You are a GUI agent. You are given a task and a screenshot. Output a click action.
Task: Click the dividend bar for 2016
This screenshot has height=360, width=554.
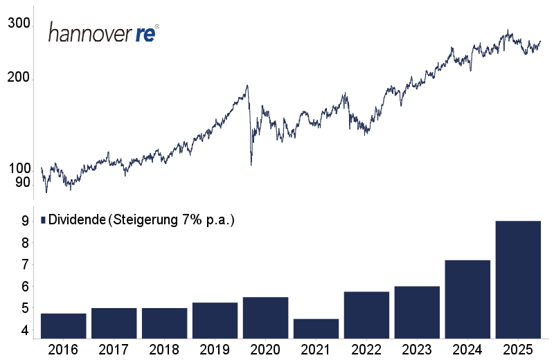click(x=64, y=326)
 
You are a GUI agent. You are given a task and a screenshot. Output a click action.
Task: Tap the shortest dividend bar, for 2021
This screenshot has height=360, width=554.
click(x=316, y=329)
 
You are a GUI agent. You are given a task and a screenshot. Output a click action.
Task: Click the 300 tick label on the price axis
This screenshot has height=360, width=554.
click(x=19, y=24)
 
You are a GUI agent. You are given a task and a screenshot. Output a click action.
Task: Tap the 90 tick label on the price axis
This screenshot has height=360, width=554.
click(x=23, y=183)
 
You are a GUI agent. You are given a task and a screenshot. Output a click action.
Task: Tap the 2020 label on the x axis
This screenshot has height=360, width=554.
click(x=266, y=349)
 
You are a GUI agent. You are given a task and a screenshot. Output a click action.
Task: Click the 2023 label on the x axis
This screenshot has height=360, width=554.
click(x=418, y=349)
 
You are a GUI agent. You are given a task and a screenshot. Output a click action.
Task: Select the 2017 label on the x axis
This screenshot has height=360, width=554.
click(x=114, y=349)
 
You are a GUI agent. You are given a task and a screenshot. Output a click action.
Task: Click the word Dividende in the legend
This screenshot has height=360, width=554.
click(x=76, y=220)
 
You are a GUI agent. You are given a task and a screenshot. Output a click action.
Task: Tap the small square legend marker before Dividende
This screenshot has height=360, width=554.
click(x=43, y=220)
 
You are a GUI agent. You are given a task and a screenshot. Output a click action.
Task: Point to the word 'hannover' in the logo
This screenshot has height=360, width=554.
click(x=90, y=34)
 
